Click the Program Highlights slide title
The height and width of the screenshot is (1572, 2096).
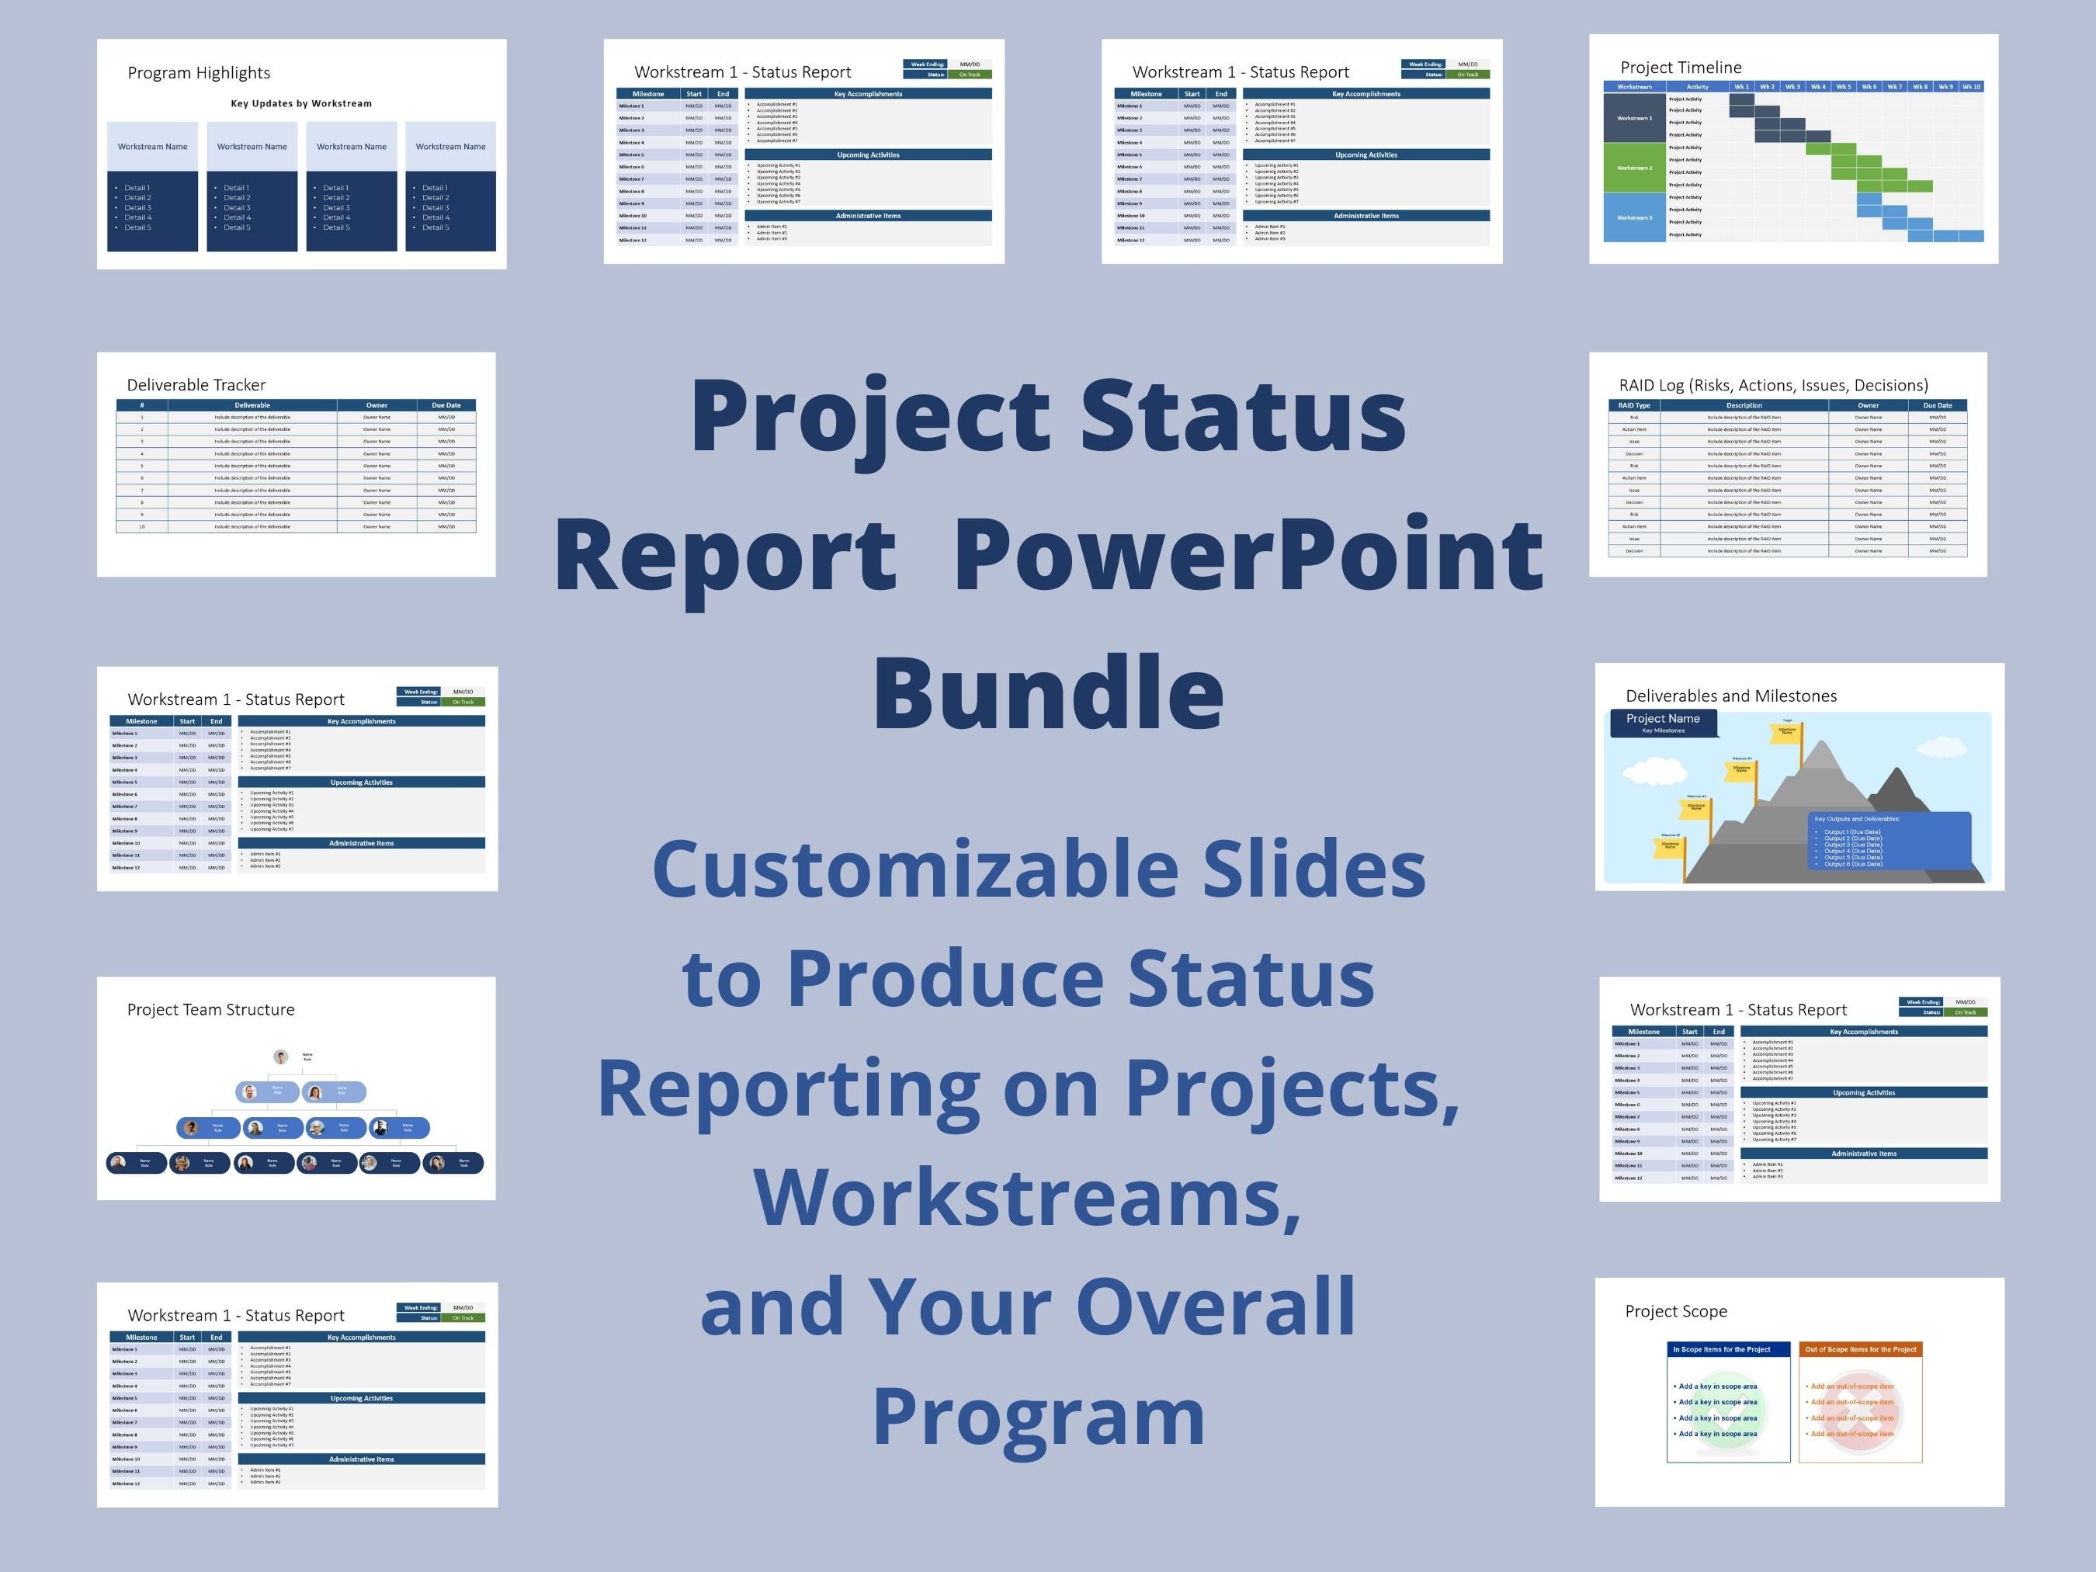pos(198,73)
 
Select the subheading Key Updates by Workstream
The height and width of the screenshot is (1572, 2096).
pos(301,103)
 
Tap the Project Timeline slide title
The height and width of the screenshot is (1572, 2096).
pos(1680,68)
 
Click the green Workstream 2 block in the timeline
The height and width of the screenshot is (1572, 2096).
pos(1633,168)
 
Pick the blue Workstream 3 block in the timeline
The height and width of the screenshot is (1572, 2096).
pos(1633,217)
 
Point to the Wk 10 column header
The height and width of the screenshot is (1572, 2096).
pos(1971,86)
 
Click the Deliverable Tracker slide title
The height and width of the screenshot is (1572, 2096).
pos(196,385)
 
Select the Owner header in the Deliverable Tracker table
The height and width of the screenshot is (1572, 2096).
pos(377,404)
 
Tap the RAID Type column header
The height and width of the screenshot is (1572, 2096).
pos(1633,404)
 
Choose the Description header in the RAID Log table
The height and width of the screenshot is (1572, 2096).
pos(1744,404)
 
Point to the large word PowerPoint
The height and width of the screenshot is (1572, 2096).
pos(1248,554)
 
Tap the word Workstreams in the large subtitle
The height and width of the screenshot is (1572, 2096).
pos(1026,1198)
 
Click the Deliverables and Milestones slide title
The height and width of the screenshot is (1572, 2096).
pos(1730,696)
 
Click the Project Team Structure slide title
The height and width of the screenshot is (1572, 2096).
pos(210,1009)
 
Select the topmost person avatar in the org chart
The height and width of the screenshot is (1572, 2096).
pos(280,1057)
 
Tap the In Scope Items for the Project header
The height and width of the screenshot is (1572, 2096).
pos(1728,1349)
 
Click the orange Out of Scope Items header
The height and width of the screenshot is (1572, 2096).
pos(1860,1349)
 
